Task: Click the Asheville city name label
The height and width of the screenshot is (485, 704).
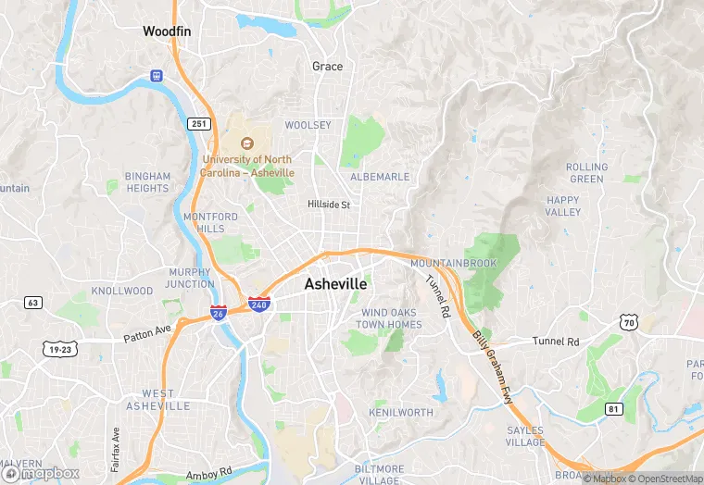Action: (x=335, y=284)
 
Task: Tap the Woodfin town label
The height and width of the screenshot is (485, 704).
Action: (x=167, y=31)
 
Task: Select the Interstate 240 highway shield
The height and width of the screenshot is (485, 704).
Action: (x=259, y=304)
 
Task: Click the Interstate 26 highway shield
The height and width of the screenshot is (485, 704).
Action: (x=219, y=314)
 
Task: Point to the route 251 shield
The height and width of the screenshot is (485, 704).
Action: (x=198, y=124)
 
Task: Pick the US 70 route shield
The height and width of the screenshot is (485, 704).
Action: (x=629, y=322)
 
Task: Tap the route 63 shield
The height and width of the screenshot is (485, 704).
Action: (x=33, y=303)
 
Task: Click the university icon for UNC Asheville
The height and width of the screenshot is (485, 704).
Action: (x=247, y=143)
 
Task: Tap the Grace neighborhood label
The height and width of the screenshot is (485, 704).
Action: (x=327, y=66)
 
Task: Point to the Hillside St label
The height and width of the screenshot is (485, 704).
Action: (x=329, y=205)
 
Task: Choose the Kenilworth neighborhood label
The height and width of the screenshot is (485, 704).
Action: (x=400, y=411)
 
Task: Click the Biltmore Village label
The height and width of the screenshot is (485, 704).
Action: (x=379, y=475)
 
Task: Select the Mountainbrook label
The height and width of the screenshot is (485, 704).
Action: (x=453, y=264)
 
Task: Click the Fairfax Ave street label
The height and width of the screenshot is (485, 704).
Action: (x=116, y=450)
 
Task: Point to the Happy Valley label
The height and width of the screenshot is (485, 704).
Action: (x=563, y=205)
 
